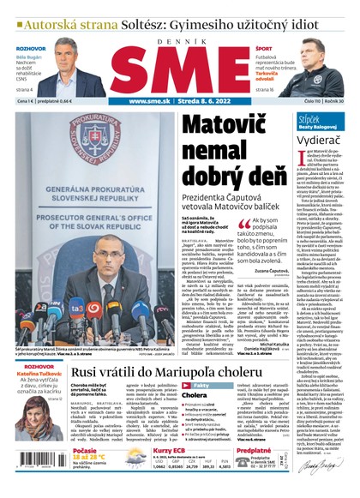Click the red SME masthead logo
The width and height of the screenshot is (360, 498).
(179, 66)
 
